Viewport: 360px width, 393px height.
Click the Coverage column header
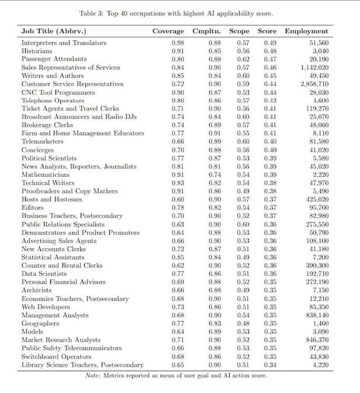[168, 31]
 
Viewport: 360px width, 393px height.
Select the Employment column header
[306, 31]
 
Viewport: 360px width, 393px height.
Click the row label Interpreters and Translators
[64, 43]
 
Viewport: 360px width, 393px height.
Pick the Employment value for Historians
[320, 51]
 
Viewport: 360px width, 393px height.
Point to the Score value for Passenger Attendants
[269, 59]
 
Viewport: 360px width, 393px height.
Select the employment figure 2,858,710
[314, 84]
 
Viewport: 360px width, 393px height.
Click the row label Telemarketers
[43, 141]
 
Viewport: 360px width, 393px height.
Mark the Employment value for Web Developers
[318, 307]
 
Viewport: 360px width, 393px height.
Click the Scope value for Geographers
[243, 323]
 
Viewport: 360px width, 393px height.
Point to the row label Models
[33, 331]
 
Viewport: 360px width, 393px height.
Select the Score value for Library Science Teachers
[269, 364]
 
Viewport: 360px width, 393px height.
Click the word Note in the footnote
[93, 375]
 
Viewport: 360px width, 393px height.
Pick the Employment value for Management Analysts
[316, 315]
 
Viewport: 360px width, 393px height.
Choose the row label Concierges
[39, 150]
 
